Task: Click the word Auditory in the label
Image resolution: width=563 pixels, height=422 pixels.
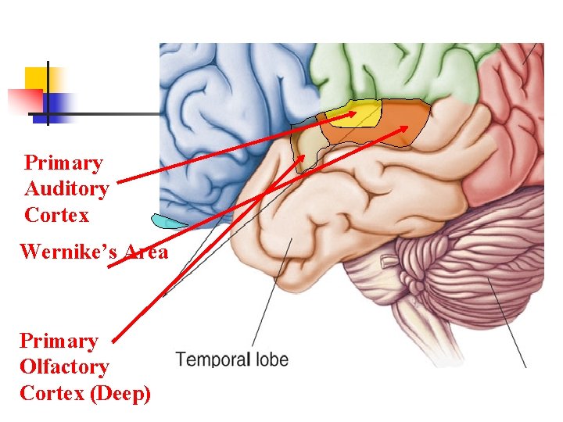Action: (66, 189)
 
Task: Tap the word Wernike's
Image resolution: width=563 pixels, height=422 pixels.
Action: (70, 252)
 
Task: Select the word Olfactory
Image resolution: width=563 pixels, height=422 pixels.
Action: (64, 367)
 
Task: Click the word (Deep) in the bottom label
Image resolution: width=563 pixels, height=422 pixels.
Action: (121, 393)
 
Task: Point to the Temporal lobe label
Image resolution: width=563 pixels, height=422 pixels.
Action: (231, 360)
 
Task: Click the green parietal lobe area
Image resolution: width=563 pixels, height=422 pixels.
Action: (391, 70)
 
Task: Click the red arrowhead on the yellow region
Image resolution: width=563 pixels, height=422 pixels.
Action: (352, 114)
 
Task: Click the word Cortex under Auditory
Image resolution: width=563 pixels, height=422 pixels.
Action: (56, 215)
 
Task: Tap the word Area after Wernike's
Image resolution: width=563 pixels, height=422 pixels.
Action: (145, 252)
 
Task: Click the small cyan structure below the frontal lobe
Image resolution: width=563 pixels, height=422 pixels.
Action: (168, 221)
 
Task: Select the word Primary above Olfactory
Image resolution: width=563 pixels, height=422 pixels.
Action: (59, 342)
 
